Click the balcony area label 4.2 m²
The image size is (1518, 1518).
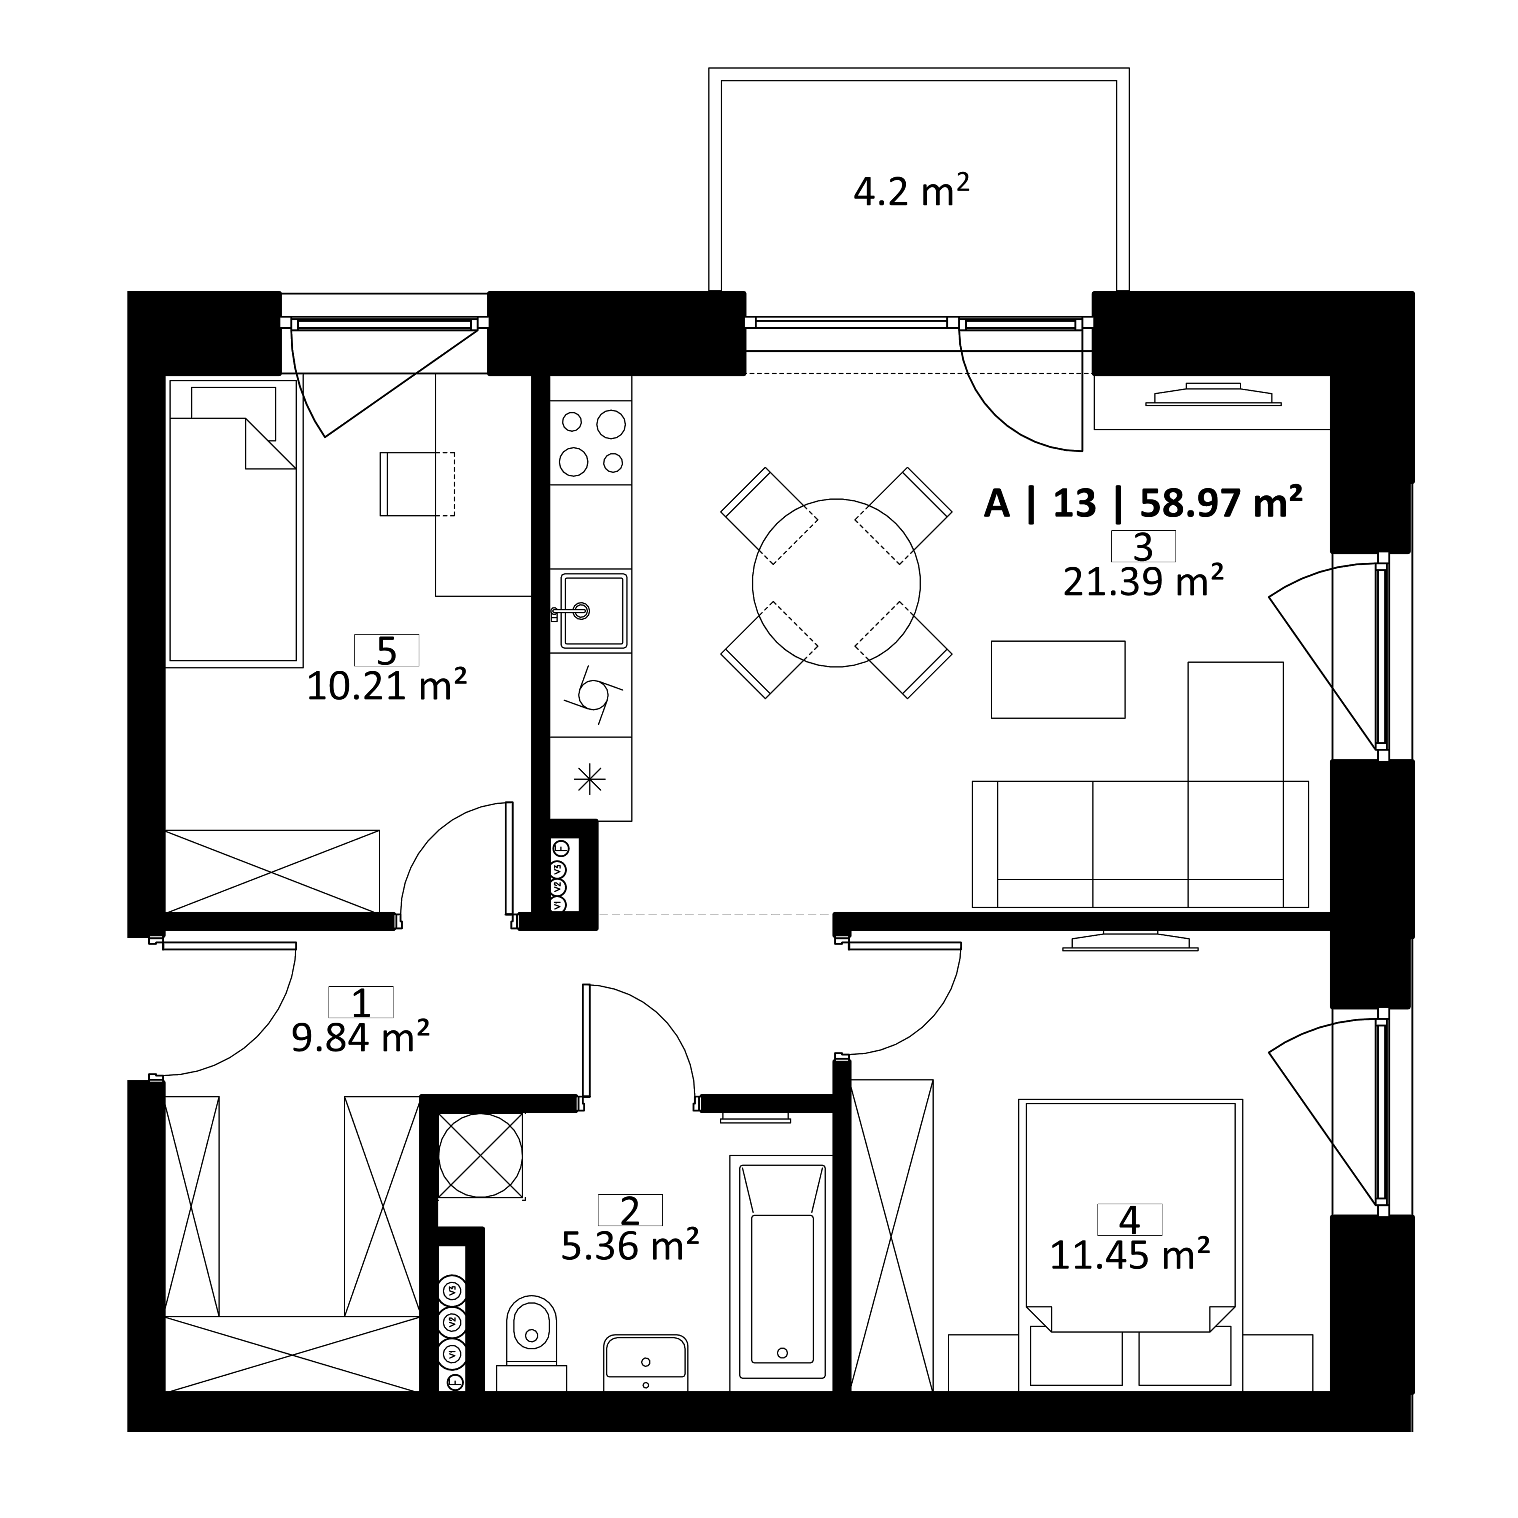point(911,191)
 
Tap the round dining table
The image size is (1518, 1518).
point(836,583)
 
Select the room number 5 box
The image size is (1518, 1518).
point(387,650)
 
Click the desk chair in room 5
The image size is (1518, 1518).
point(417,484)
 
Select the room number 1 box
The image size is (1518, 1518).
point(361,1002)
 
